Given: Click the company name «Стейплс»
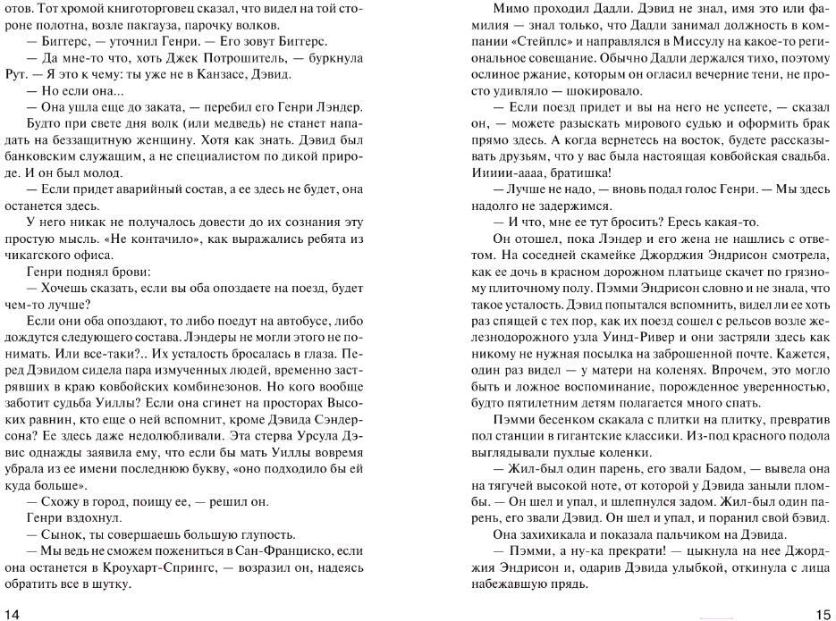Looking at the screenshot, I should coord(537,42).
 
